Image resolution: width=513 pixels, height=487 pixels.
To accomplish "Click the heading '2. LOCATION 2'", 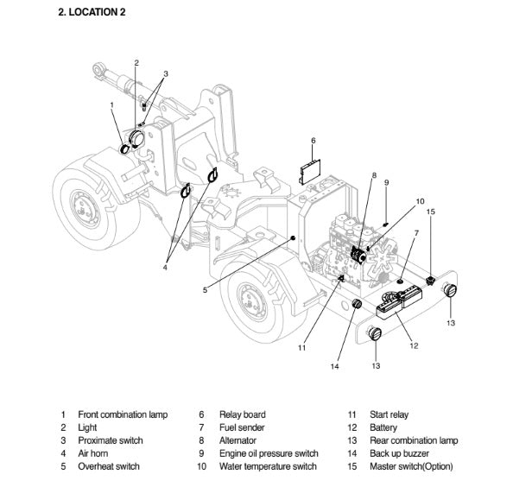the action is [92, 12].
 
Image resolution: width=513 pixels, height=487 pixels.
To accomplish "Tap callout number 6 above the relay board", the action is [313, 141].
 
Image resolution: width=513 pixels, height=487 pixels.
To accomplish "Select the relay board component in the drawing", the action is [310, 172].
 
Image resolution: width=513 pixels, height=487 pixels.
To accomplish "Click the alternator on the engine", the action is [358, 255].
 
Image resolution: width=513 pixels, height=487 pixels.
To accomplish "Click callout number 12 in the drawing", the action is [414, 345].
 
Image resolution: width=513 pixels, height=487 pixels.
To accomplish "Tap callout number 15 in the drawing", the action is [431, 212].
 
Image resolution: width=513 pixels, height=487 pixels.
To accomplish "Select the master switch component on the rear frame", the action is [431, 281].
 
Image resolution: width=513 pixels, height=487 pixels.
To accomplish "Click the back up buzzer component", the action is [357, 304].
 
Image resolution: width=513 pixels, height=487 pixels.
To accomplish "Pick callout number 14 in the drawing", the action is [334, 366].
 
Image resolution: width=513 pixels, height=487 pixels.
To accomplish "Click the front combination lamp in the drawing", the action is [124, 149].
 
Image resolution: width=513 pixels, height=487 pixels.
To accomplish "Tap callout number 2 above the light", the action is [136, 63].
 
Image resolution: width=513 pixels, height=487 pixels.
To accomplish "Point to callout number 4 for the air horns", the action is [165, 268].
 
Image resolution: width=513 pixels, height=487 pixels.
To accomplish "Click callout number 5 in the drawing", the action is [205, 290].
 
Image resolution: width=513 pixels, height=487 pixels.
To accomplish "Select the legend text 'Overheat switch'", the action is [109, 466].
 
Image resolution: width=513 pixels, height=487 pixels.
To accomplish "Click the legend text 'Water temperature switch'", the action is [268, 466].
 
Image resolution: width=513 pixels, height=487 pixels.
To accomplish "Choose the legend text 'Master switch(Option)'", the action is [411, 466].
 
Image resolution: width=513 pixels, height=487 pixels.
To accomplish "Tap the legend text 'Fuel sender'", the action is [242, 427].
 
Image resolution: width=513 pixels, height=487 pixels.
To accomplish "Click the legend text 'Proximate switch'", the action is [111, 440].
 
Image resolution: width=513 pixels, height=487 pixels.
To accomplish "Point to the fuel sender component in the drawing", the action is [400, 281].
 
